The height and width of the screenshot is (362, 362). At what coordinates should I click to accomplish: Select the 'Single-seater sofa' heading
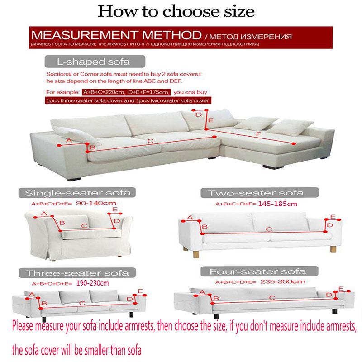point(78,193)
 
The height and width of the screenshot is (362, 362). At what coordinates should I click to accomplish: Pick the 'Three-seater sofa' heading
point(77,273)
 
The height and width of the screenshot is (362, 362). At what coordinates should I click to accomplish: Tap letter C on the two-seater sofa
point(268,230)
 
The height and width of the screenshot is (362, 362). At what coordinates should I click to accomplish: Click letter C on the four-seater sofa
point(272,298)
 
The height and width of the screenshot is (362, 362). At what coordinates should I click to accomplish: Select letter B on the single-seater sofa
point(62,223)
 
